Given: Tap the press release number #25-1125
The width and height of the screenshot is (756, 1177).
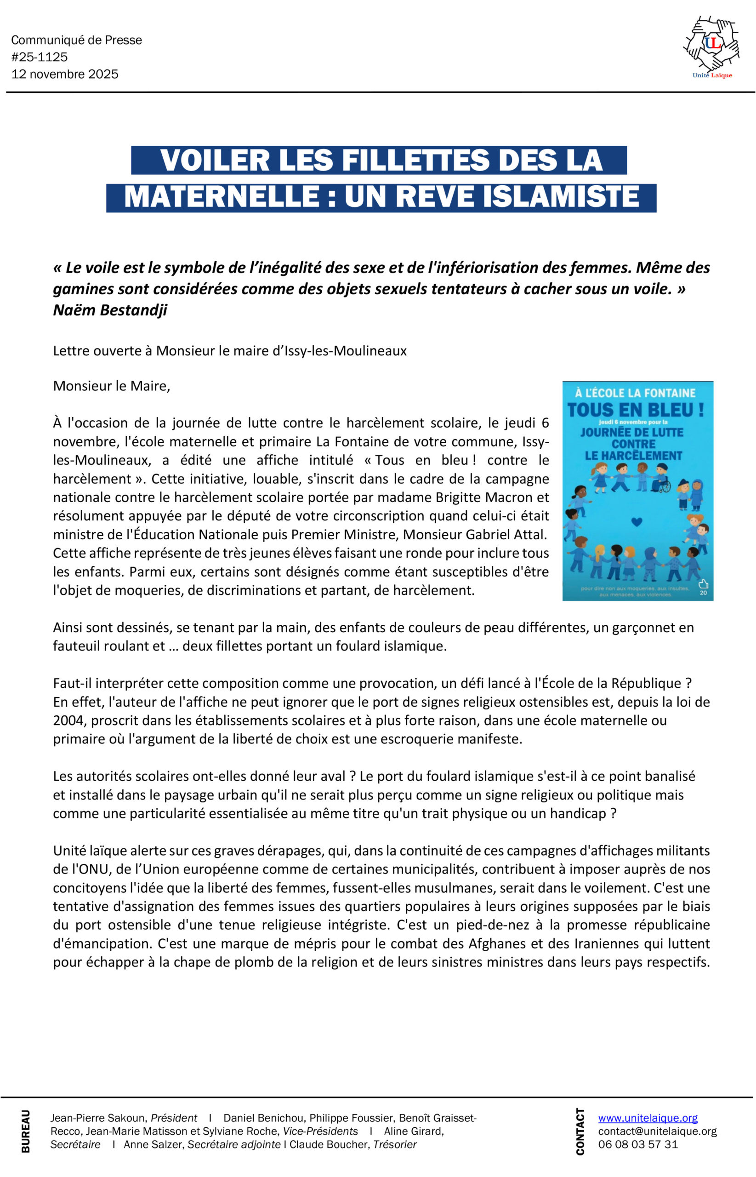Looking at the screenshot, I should pos(39,57).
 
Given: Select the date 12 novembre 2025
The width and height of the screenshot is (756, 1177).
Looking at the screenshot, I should pos(65,74).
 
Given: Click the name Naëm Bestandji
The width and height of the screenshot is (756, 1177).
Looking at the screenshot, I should pos(110,310).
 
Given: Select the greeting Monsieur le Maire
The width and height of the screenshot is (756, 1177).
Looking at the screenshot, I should pos(111,386).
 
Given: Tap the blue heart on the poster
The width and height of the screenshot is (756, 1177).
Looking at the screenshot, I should pos(636,522).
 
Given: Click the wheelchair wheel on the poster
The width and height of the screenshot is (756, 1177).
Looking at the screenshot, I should pos(665,486).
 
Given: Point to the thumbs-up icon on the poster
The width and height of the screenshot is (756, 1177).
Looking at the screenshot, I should pos(703,584).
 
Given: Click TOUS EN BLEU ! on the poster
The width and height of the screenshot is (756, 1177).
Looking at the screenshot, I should pos(636,410).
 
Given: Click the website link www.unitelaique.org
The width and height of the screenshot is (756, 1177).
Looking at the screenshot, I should pos(648,1118).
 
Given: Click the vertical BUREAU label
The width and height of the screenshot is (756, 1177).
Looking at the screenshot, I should pos(26,1131).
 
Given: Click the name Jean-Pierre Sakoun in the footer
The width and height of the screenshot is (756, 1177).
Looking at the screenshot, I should pos(98,1118).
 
